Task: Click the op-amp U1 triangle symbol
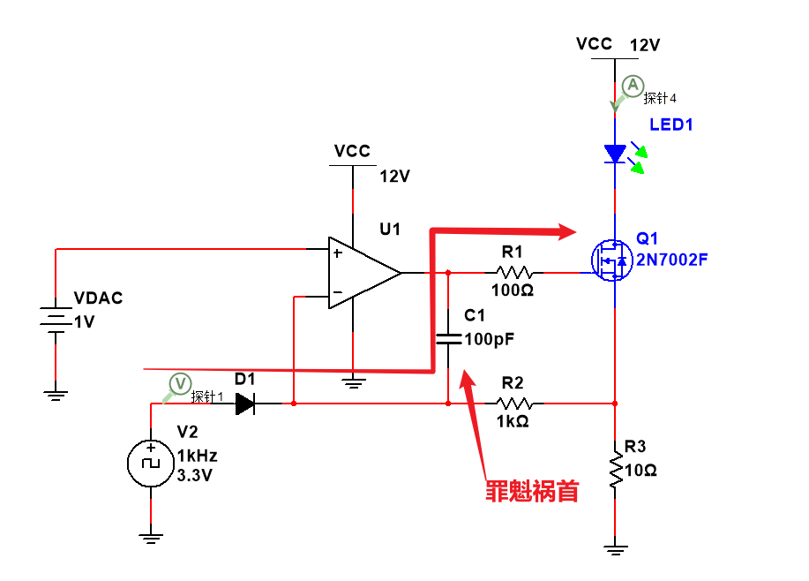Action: tap(362, 273)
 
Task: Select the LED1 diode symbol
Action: tap(615, 155)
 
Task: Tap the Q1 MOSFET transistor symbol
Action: tap(610, 260)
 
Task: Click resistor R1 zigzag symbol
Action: tap(513, 273)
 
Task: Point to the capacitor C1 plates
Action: tap(448, 339)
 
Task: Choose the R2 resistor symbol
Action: tap(512, 404)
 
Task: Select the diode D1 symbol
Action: tap(244, 404)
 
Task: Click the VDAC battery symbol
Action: tap(56, 321)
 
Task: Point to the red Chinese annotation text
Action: tap(532, 491)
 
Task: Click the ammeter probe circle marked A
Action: tap(632, 86)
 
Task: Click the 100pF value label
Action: tap(490, 338)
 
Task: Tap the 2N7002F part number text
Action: tap(673, 260)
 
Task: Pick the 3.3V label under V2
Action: tap(195, 475)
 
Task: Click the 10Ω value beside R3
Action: tap(641, 470)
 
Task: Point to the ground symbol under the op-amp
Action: tap(353, 382)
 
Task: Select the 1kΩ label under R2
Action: tap(512, 421)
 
